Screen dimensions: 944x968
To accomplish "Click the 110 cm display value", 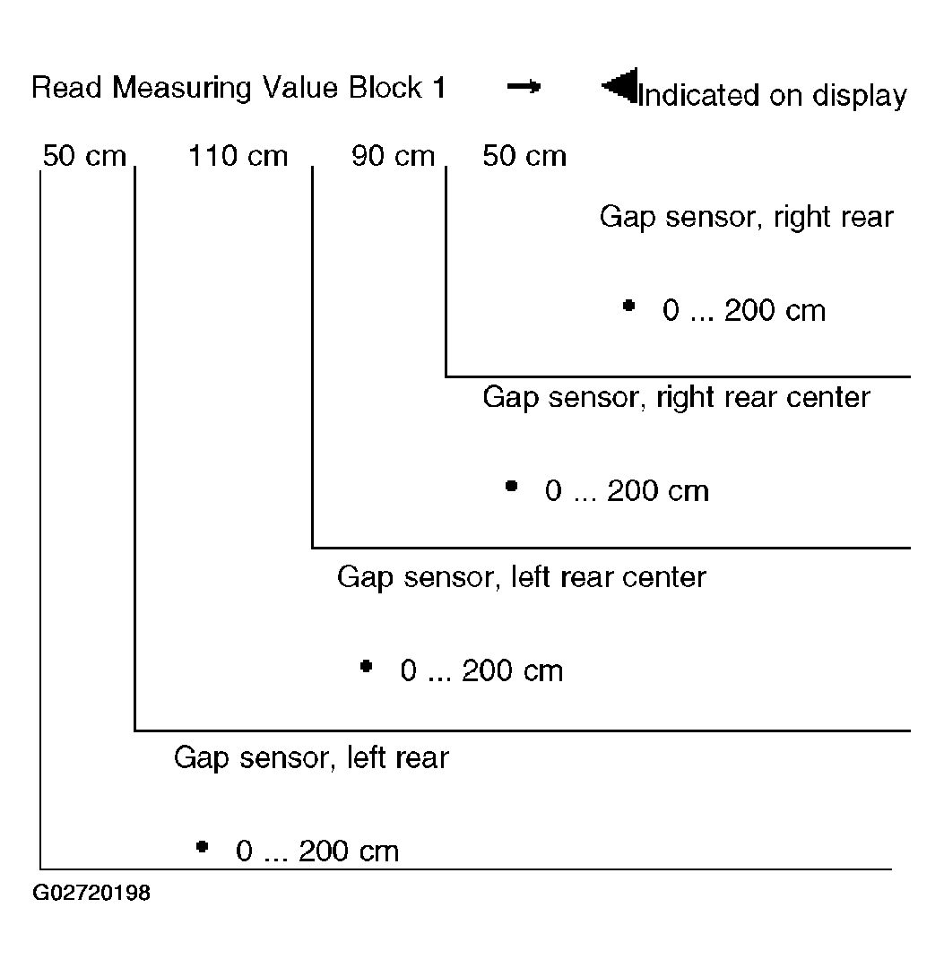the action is click(x=238, y=156).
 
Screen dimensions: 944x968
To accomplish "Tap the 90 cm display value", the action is click(x=393, y=156).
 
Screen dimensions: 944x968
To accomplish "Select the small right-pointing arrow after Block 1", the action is click(x=524, y=86).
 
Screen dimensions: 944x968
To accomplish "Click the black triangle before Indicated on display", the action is click(x=619, y=86).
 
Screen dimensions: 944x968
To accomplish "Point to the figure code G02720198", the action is click(x=91, y=893).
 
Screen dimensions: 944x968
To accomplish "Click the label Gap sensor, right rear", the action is click(x=747, y=217).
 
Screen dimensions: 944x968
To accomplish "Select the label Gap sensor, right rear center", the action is click(x=676, y=398).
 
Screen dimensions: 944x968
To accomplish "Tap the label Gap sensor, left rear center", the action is click(x=521, y=578).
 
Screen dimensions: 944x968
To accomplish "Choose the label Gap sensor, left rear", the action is click(x=311, y=758).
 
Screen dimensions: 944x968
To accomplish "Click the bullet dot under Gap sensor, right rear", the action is click(x=628, y=306).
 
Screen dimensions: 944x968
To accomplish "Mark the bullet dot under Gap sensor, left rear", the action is click(x=202, y=846).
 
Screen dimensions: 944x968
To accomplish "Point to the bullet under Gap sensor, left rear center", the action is click(x=366, y=666).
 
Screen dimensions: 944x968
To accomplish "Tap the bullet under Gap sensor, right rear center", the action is click(x=511, y=486).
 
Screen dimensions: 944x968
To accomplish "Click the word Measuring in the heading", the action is click(x=182, y=88).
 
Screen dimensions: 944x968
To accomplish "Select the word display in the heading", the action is click(x=860, y=97).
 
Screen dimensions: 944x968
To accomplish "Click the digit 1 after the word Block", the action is click(x=439, y=87).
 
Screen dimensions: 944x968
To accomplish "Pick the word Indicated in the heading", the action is click(x=698, y=95).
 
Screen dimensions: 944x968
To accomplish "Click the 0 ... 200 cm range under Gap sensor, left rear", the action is click(x=317, y=851).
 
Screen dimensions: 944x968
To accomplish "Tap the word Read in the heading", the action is click(x=66, y=87).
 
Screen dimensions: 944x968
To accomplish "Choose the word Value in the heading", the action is click(x=300, y=87).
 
